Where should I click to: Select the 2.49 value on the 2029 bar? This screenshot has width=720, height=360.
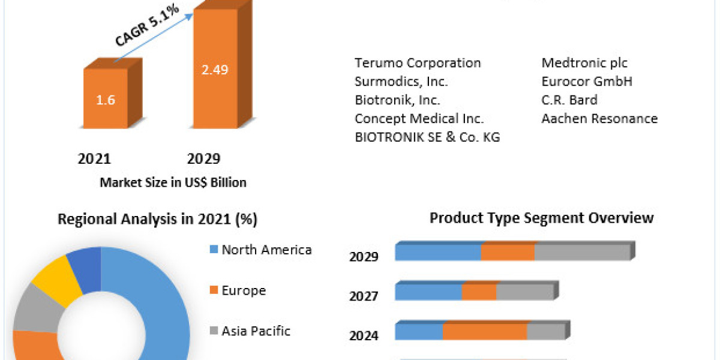[x=214, y=70]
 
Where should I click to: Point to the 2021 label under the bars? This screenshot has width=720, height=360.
[x=94, y=158]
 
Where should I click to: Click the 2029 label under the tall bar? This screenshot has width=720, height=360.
[x=203, y=158]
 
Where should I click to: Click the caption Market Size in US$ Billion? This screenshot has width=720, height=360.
[x=173, y=182]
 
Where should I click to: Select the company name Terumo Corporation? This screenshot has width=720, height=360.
[x=418, y=63]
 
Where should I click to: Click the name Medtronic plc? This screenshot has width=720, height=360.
[x=584, y=63]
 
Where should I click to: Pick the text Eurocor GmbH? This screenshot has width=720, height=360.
[x=587, y=82]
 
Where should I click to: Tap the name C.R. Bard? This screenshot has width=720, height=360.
[x=569, y=100]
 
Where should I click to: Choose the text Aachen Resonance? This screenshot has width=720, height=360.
[x=599, y=119]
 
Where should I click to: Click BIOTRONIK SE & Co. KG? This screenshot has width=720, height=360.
[x=427, y=137]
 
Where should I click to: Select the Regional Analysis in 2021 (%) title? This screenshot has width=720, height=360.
[x=157, y=220]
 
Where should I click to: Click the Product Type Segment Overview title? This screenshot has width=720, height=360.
[x=541, y=218]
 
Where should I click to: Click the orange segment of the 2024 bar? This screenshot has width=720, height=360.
[x=485, y=332]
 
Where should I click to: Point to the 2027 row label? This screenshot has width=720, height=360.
[x=364, y=296]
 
